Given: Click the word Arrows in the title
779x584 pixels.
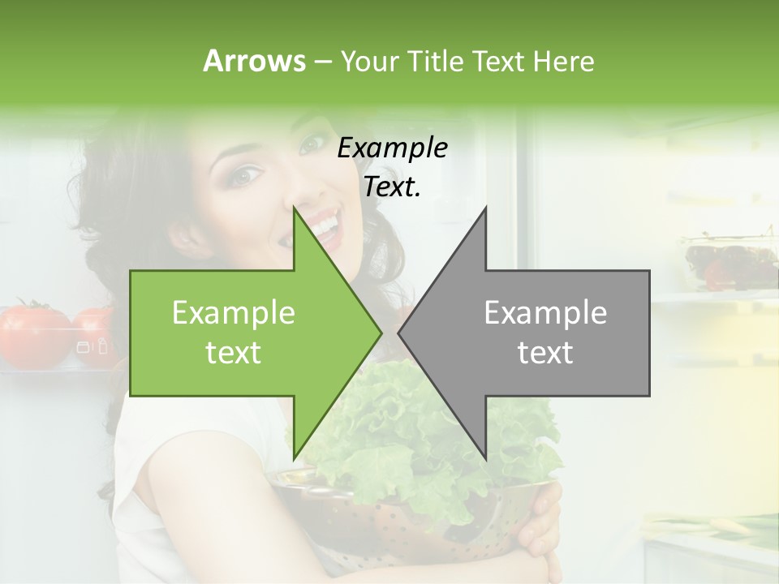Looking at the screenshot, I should click(254, 61).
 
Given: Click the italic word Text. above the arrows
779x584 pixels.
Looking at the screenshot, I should click(392, 187).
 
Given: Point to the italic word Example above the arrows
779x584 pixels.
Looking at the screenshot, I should click(392, 148).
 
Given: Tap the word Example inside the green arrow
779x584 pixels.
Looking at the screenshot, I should click(234, 313).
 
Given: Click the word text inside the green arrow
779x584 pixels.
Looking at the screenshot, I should click(234, 353).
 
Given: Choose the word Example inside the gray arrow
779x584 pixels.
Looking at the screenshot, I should click(545, 313).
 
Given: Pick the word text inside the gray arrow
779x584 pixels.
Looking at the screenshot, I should click(545, 353).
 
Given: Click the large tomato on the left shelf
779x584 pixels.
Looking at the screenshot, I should click(32, 333).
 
